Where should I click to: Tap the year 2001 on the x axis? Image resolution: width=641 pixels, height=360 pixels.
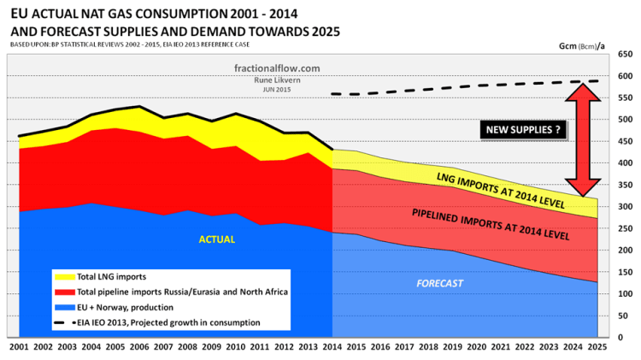click(x=19, y=348)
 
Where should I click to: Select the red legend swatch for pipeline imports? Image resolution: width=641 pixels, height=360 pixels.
click(x=62, y=292)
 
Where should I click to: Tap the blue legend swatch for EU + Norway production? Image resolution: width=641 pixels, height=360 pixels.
click(x=62, y=307)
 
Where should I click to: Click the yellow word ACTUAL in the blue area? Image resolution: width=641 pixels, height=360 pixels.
click(x=216, y=240)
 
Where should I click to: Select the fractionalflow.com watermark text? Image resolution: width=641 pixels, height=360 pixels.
click(x=269, y=68)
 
